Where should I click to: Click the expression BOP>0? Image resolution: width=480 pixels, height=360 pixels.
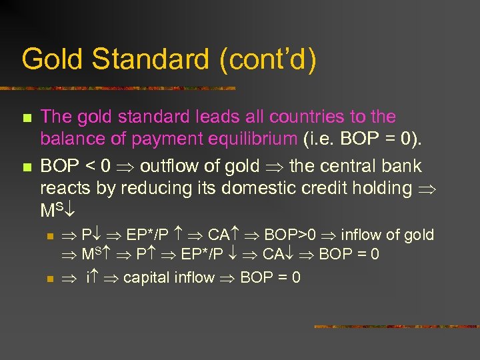[x=289, y=235]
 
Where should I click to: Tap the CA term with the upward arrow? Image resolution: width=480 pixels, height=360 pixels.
[x=223, y=235]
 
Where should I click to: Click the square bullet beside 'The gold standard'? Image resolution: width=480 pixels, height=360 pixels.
[x=27, y=118]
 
